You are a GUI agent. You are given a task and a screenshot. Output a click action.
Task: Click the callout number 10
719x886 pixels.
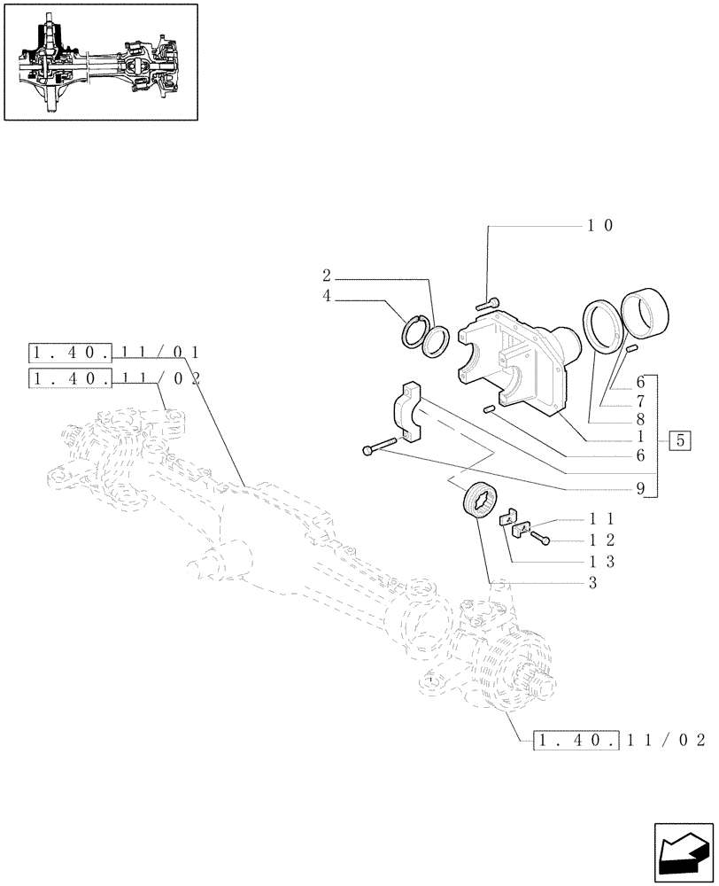point(600,226)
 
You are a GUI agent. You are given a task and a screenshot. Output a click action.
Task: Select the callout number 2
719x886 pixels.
point(327,275)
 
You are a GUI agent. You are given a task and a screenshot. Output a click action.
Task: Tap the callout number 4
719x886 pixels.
point(327,297)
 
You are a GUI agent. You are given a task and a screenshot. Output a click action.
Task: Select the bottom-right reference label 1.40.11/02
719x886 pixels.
point(619,739)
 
